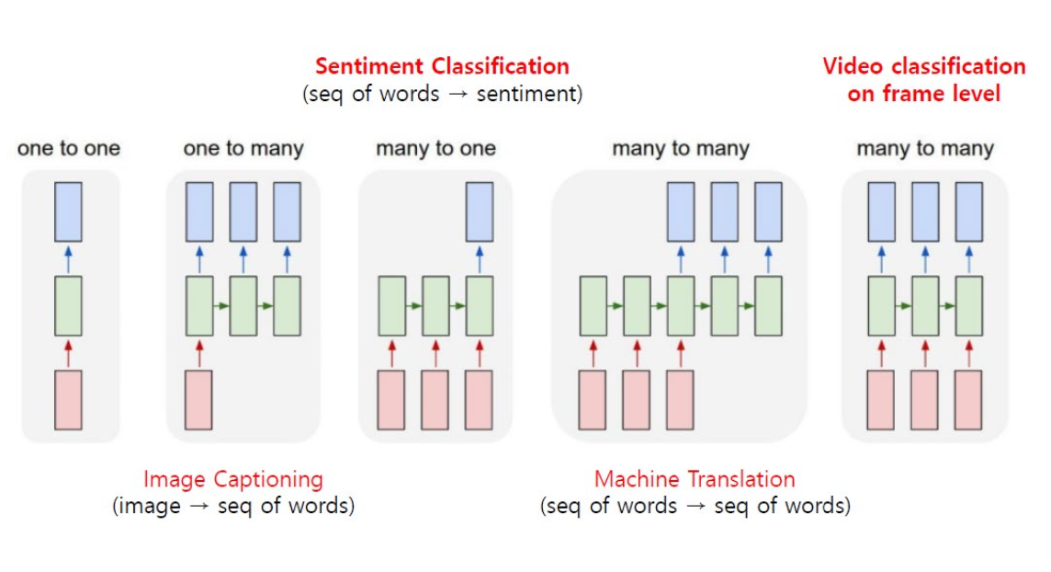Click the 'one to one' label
click(x=68, y=148)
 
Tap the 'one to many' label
click(x=243, y=148)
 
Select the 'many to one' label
click(x=435, y=148)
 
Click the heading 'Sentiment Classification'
click(x=442, y=66)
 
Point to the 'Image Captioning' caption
click(x=233, y=479)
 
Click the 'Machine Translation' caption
click(x=695, y=479)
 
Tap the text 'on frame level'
click(x=923, y=93)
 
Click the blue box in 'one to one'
click(x=68, y=212)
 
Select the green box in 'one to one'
click(x=68, y=305)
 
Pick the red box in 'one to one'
click(x=68, y=400)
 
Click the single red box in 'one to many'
click(x=199, y=400)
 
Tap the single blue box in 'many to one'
click(x=479, y=212)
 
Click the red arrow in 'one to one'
click(x=68, y=353)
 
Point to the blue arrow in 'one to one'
click(x=68, y=258)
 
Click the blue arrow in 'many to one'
click(x=479, y=258)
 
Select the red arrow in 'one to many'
click(x=199, y=353)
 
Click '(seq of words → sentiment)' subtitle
click(x=442, y=94)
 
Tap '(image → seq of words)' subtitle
click(x=233, y=506)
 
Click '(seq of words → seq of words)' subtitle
click(x=695, y=506)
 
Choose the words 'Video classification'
click(x=923, y=66)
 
